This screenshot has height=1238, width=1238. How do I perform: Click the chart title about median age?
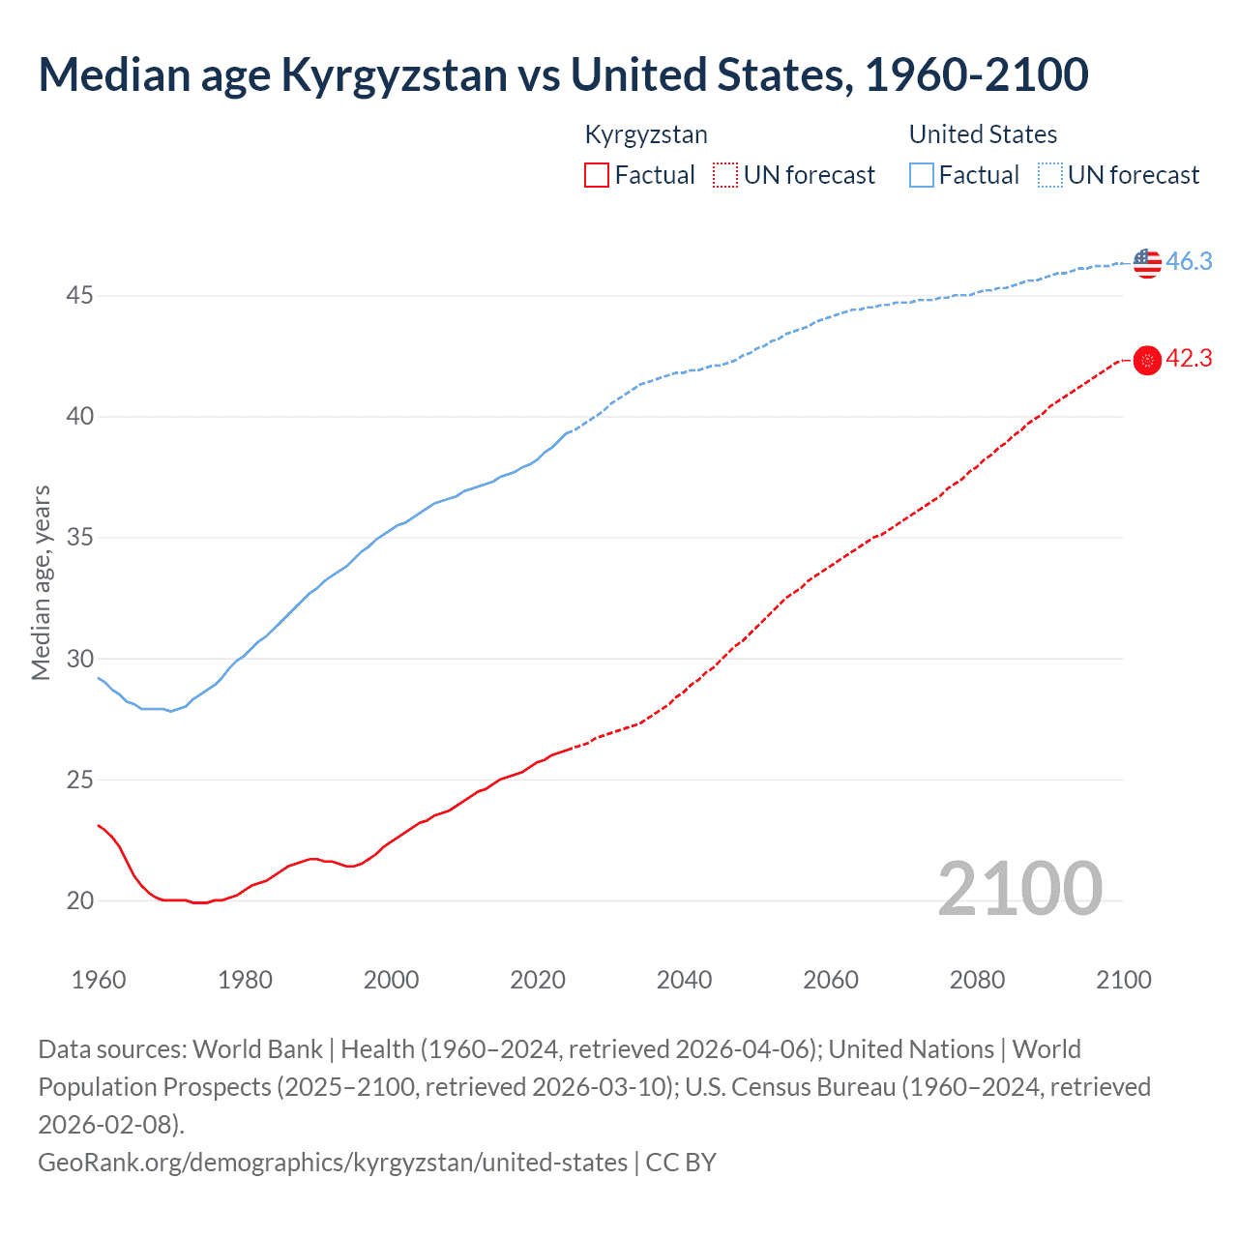[x=563, y=74]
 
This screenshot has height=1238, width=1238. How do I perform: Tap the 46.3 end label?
[x=1189, y=261]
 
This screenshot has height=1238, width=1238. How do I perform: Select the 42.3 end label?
[x=1189, y=359]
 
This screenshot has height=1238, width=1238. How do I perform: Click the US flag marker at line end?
[x=1147, y=262]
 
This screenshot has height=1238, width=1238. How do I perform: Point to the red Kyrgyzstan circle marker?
[x=1147, y=361]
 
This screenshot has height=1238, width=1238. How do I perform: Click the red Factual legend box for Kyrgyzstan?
[x=597, y=175]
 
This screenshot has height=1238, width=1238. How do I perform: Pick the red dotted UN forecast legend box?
[x=725, y=175]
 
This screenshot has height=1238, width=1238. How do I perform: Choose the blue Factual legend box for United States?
[x=922, y=175]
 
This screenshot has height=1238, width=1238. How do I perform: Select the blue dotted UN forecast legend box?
[x=1049, y=175]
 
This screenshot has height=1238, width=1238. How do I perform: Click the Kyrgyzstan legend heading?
[x=646, y=134]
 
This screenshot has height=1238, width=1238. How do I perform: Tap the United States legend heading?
[x=983, y=134]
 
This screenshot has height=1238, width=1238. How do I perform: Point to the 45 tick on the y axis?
[x=79, y=295]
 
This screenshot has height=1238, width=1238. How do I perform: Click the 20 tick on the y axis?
[x=79, y=900]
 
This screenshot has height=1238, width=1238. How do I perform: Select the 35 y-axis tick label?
[x=79, y=538]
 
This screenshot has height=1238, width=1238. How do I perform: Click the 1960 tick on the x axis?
[x=99, y=980]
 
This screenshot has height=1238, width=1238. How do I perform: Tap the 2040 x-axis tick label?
[x=684, y=980]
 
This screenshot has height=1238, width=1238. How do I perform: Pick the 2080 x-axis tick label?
[x=977, y=980]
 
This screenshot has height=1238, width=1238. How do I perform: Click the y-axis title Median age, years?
[x=41, y=583]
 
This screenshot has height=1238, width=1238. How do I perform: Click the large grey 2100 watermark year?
[x=1019, y=889]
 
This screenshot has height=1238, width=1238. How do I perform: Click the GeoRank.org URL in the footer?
[x=333, y=1162]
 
